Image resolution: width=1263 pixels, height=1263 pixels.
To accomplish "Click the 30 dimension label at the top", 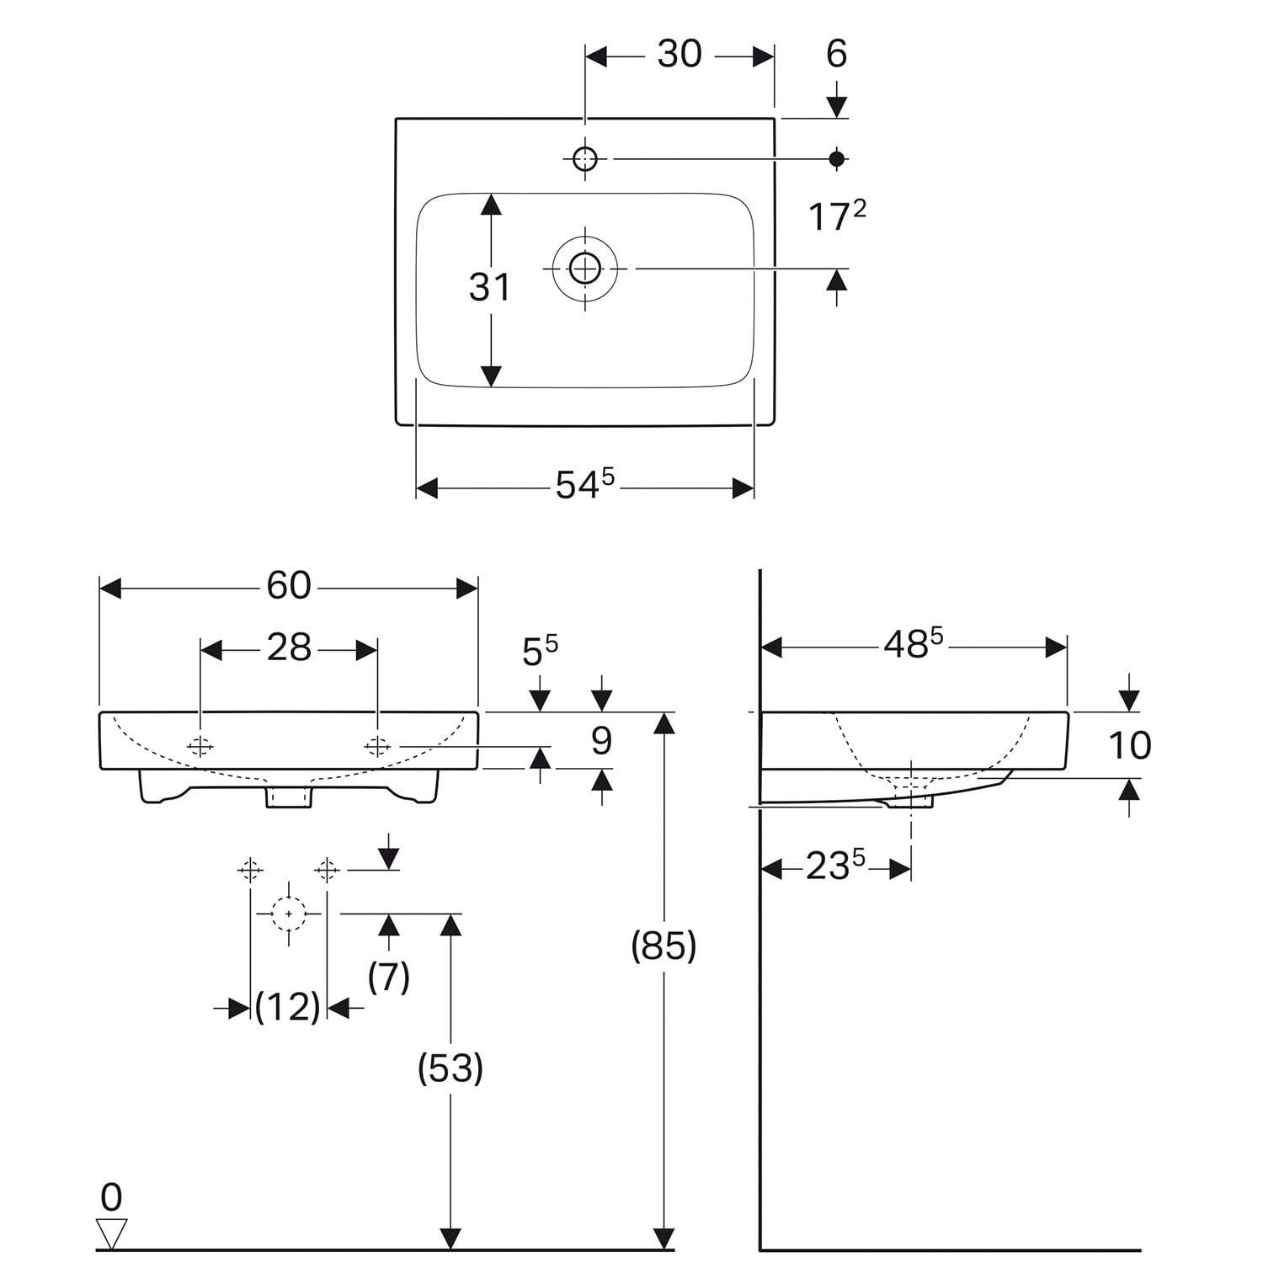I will [679, 55].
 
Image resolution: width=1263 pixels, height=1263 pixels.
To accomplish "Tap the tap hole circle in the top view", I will [584, 157].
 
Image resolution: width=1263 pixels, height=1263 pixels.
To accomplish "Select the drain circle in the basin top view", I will [584, 269].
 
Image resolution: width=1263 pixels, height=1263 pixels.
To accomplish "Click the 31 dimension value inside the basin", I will [489, 288].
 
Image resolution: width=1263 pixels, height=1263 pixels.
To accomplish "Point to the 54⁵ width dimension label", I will [584, 485].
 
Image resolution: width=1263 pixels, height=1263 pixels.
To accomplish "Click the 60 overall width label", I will [289, 586].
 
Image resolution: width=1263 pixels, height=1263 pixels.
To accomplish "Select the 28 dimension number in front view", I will [289, 648].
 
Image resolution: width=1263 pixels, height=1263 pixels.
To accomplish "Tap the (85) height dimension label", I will [663, 946].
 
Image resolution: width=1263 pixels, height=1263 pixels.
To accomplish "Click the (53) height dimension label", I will [450, 1068].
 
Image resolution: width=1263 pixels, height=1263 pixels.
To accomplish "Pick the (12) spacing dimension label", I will [288, 1006].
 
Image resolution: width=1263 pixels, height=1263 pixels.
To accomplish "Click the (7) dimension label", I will [389, 977].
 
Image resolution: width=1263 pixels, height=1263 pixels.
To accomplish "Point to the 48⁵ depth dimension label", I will [913, 645].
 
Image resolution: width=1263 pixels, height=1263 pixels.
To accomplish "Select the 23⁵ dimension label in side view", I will [835, 866].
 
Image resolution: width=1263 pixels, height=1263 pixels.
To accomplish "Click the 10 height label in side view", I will [1129, 746].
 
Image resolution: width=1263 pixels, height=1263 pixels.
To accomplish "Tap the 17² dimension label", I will [836, 216].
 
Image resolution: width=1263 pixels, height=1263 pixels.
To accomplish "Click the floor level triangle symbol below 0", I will [111, 1232].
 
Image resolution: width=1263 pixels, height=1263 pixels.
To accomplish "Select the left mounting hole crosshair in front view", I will [200, 746].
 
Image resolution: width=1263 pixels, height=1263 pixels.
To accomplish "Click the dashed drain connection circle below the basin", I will [289, 914].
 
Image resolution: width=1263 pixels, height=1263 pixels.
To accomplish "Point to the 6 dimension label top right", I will [836, 55].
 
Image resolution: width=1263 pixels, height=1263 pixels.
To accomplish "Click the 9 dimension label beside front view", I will [600, 742].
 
